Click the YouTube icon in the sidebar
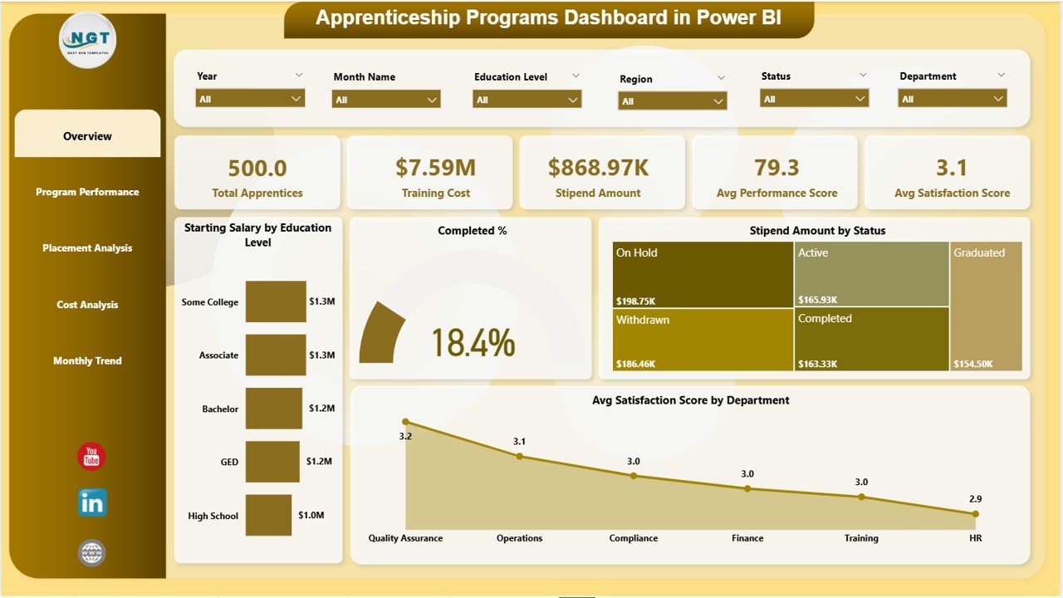[x=91, y=456]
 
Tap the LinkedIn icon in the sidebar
[x=92, y=503]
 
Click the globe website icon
[x=91, y=553]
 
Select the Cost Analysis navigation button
[x=87, y=305]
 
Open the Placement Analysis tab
[x=87, y=248]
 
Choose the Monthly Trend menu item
[x=87, y=361]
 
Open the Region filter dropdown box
[x=672, y=101]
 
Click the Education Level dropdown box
[x=527, y=100]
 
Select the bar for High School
[x=268, y=516]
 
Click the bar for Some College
[x=276, y=301]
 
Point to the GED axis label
[x=229, y=463]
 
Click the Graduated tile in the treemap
[x=986, y=306]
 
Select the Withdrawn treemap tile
[x=703, y=339]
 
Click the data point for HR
[x=975, y=514]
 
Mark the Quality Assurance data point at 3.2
[x=405, y=422]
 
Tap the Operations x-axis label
[x=519, y=538]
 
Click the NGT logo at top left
[x=88, y=40]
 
